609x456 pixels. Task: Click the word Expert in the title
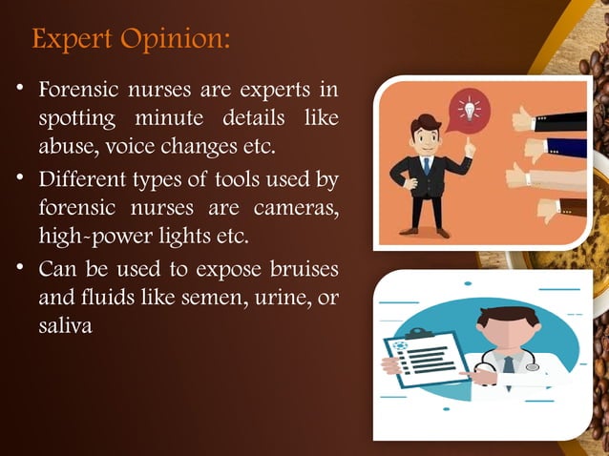(x=70, y=41)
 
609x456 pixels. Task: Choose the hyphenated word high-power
(x=91, y=233)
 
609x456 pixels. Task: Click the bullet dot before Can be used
(x=21, y=264)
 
